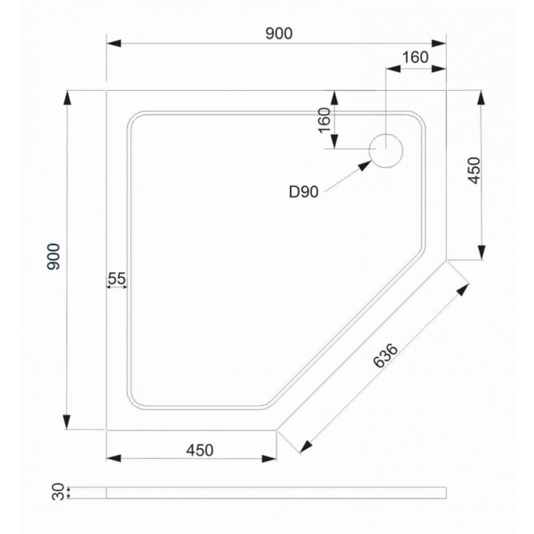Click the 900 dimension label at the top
pyautogui.click(x=278, y=33)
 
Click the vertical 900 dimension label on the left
pyautogui.click(x=53, y=256)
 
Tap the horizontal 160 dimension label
pyautogui.click(x=415, y=57)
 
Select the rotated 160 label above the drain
pyautogui.click(x=325, y=120)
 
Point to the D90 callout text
pyautogui.click(x=304, y=192)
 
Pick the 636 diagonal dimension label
pyautogui.click(x=385, y=356)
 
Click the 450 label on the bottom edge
pyautogui.click(x=200, y=450)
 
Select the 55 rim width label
pyautogui.click(x=117, y=278)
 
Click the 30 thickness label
pyautogui.click(x=58, y=491)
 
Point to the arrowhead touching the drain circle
pyautogui.click(x=364, y=166)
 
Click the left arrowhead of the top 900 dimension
pyautogui.click(x=113, y=43)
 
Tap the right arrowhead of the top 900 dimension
pyautogui.click(x=439, y=43)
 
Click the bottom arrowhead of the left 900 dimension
pyautogui.click(x=67, y=423)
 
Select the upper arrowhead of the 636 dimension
pyautogui.click(x=463, y=290)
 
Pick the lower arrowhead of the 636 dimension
pyautogui.click(x=306, y=447)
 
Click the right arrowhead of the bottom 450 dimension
pyautogui.click(x=269, y=459)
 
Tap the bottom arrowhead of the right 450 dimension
pyautogui.click(x=481, y=253)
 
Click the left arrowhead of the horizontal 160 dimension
pyautogui.click(x=393, y=68)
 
